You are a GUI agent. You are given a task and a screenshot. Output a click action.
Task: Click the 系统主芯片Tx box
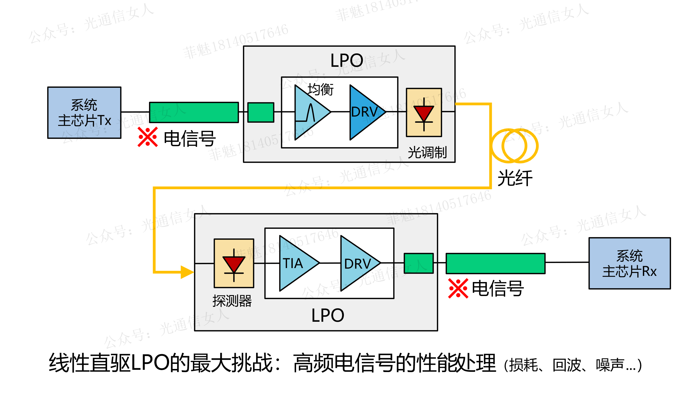click(84, 113)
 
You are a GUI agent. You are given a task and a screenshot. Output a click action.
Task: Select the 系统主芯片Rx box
click(629, 263)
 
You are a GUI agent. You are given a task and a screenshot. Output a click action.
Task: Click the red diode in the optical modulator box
click(424, 113)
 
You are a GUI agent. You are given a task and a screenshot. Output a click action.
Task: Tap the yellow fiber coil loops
click(514, 146)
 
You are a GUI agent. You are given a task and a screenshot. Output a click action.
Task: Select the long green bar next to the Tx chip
click(194, 112)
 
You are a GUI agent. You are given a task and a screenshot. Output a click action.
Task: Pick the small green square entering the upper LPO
click(261, 112)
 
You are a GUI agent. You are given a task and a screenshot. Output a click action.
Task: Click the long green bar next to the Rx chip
click(495, 263)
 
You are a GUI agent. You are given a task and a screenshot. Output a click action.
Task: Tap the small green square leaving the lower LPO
click(419, 263)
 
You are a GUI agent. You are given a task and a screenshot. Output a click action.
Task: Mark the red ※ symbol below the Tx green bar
click(147, 137)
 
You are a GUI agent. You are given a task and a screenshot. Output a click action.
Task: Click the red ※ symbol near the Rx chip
click(458, 288)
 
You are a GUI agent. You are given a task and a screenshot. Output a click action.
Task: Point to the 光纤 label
click(515, 178)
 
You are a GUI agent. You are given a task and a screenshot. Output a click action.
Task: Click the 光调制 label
click(427, 153)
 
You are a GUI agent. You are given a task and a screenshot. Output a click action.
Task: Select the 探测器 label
click(232, 301)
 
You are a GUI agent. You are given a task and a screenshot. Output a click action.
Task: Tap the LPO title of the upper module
click(347, 60)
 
